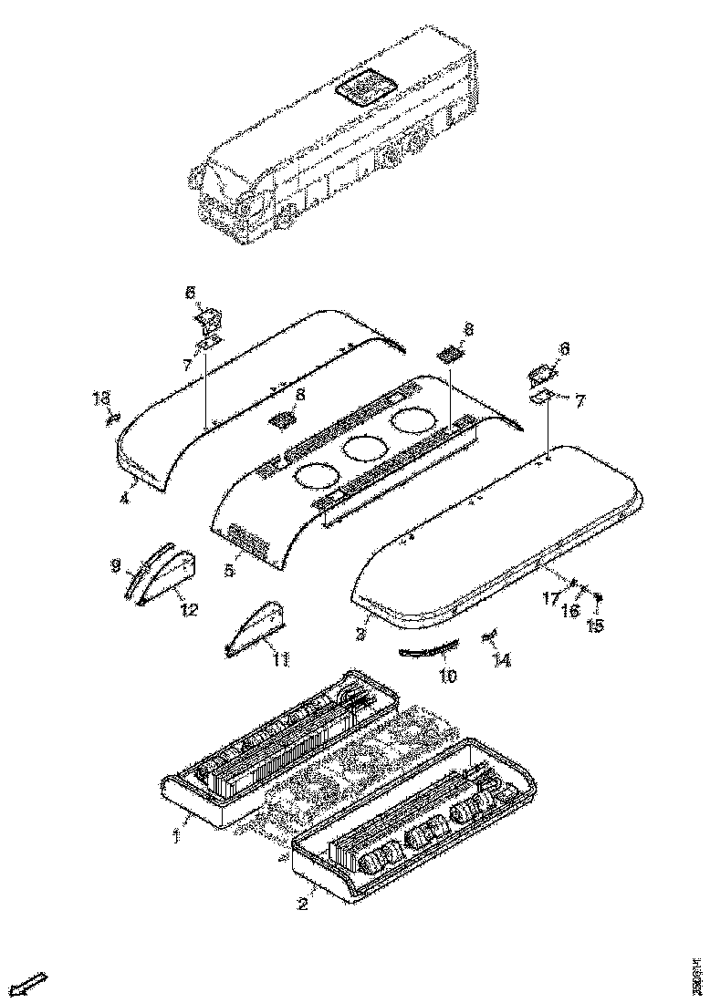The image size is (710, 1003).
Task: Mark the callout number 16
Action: [570, 611]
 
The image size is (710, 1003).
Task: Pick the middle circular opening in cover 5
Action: [362, 448]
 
